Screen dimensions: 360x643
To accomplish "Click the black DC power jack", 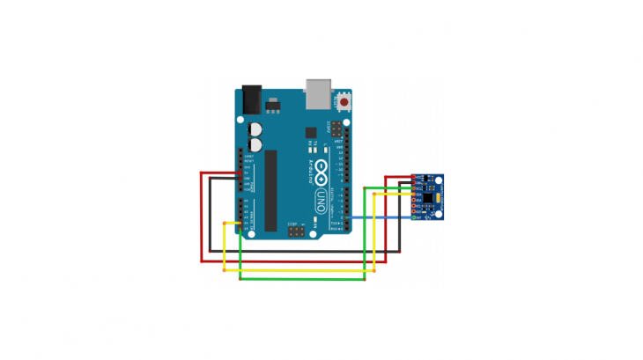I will [x=251, y=99].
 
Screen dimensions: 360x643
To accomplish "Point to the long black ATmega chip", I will [x=271, y=190].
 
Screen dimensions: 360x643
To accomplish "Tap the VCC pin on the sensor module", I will [x=415, y=178].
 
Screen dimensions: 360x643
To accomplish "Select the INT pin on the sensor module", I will [x=415, y=217].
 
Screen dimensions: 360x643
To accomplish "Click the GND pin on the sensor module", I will [x=415, y=183].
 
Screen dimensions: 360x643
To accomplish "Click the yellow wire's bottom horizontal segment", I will [x=299, y=271].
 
